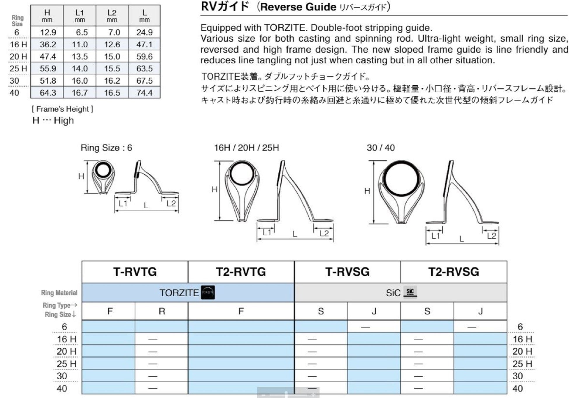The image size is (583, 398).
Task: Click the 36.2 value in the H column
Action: tap(48, 44)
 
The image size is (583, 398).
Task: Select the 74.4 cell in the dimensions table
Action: tap(144, 93)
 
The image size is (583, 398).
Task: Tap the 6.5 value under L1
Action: tap(82, 32)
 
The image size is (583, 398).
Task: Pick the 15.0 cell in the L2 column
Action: tap(112, 57)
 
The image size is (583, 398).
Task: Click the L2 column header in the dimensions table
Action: tap(112, 15)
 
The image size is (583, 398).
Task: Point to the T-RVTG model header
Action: tap(135, 272)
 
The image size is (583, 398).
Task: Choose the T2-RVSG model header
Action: tap(454, 272)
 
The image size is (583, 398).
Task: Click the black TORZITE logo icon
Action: tap(208, 293)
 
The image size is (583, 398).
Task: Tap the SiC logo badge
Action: tap(410, 292)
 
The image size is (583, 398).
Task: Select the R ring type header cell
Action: tap(162, 311)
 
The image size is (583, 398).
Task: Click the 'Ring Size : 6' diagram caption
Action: tap(106, 148)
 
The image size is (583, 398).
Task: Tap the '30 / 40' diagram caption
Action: tap(381, 148)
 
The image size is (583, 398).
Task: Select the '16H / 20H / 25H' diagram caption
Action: tap(246, 148)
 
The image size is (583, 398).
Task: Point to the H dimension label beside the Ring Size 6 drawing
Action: tap(81, 176)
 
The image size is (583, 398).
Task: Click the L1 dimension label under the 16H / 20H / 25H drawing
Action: tap(267, 233)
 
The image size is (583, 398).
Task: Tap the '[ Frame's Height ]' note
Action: tap(62, 109)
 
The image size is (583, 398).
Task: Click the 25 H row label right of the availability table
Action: tap(522, 364)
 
